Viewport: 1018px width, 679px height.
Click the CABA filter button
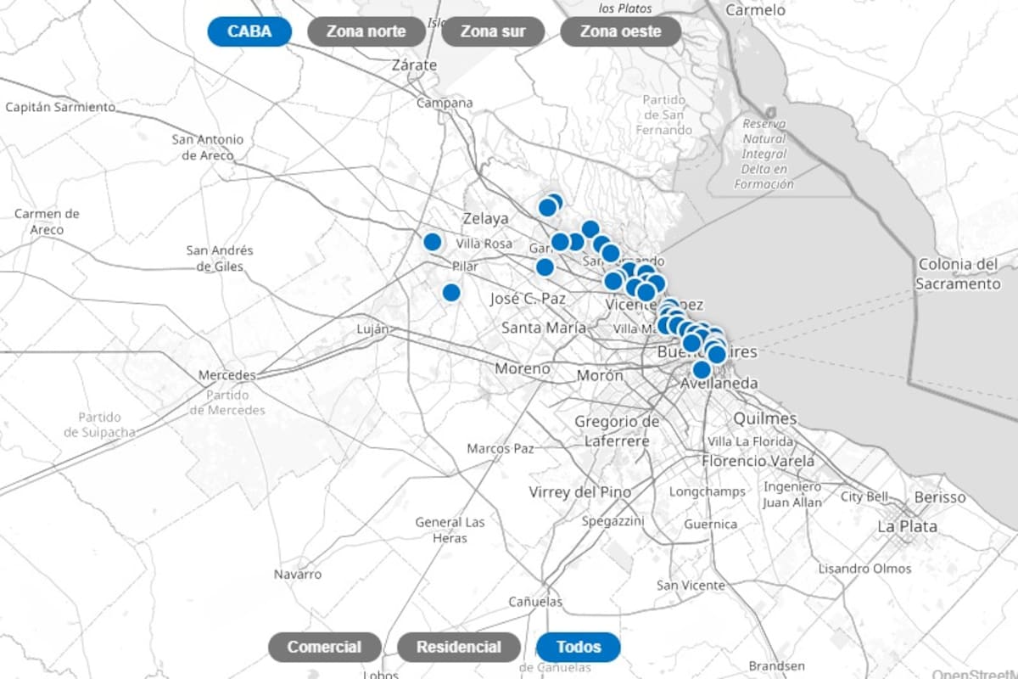(249, 32)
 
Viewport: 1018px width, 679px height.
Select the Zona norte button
(366, 32)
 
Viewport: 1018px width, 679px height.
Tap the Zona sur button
(492, 32)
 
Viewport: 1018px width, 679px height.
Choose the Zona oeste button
(621, 32)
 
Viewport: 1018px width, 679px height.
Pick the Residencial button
(459, 648)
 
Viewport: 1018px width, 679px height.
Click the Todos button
(579, 648)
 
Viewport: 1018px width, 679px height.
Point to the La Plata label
(907, 526)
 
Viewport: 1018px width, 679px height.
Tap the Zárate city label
(415, 65)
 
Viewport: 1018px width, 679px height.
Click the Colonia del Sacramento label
(958, 274)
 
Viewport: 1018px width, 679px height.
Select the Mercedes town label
(227, 375)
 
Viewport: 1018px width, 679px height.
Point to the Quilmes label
(765, 418)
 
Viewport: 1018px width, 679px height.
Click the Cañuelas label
(535, 602)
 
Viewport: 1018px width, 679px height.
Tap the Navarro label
(298, 575)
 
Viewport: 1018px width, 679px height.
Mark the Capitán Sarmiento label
(59, 107)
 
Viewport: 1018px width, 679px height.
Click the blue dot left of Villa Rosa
(433, 242)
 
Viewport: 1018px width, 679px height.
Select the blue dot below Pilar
(451, 293)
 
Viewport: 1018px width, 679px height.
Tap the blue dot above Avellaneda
(702, 370)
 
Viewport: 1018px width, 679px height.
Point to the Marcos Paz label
(501, 448)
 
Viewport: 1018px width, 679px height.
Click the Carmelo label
(757, 10)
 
